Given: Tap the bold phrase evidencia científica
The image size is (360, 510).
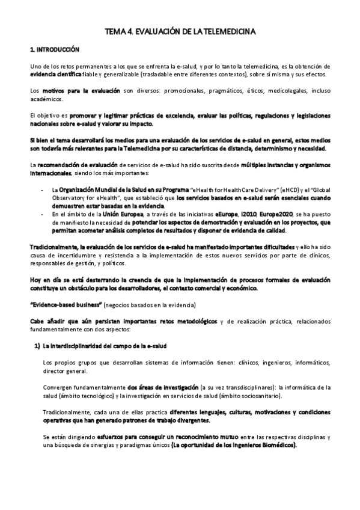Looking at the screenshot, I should point(54,74).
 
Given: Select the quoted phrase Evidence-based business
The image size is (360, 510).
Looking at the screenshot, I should point(67,306).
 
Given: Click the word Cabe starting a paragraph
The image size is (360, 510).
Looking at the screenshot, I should point(37,322).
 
